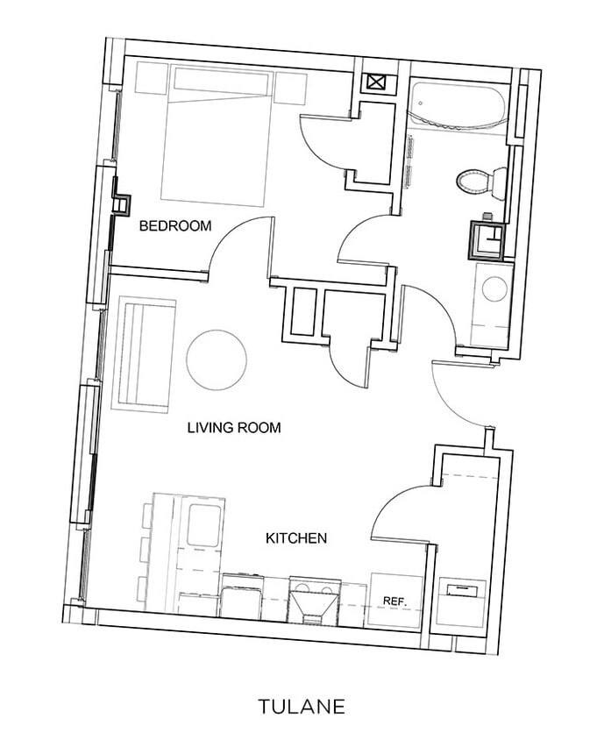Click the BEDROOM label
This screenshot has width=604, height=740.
coord(175,226)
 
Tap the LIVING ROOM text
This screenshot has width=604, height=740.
coord(234,428)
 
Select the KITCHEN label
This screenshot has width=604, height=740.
coord(296,537)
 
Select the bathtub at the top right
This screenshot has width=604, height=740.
coord(458,106)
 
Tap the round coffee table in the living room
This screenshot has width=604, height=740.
coord(217,360)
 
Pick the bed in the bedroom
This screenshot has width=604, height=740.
coord(215,136)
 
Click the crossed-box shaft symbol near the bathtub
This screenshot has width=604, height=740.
coord(375,84)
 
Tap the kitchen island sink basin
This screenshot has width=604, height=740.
coord(205,523)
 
